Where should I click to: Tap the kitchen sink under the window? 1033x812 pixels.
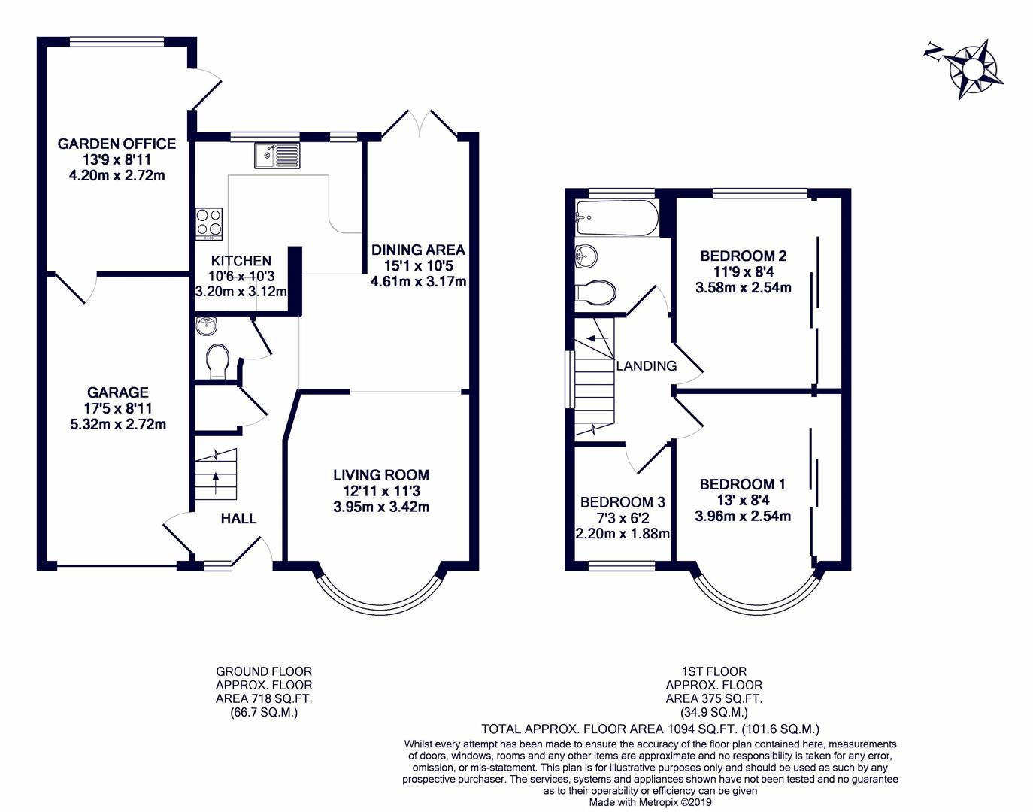(x=277, y=156)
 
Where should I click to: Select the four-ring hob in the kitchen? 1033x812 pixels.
(x=209, y=224)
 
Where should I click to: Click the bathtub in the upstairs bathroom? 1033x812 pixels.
(x=617, y=218)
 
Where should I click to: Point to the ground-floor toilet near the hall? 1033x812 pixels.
(x=218, y=362)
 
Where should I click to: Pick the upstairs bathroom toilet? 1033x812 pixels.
(x=595, y=292)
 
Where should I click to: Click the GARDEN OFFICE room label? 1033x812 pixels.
(x=117, y=144)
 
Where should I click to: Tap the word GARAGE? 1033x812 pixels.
(x=118, y=392)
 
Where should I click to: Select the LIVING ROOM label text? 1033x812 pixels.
(x=381, y=474)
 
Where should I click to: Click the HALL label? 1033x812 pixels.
(x=238, y=518)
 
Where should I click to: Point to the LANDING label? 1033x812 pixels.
(x=647, y=365)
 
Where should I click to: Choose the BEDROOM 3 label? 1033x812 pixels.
(x=623, y=502)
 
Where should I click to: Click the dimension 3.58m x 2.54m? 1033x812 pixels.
(x=744, y=288)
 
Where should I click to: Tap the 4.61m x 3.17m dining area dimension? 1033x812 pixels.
(x=418, y=281)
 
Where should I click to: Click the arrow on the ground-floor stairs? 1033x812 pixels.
(x=216, y=483)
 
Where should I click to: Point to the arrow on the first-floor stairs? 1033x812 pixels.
(x=598, y=338)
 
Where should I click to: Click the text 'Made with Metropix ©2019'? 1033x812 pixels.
(x=651, y=802)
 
